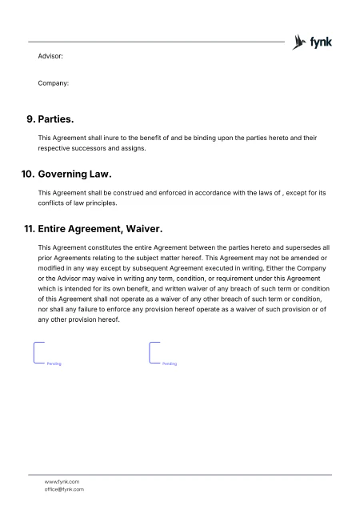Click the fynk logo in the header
click(x=313, y=41)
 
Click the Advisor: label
click(x=50, y=56)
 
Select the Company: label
click(x=53, y=82)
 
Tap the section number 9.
click(x=30, y=119)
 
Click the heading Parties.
click(x=56, y=119)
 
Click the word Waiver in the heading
click(x=151, y=228)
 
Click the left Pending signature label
click(x=54, y=363)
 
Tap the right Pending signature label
click(x=169, y=363)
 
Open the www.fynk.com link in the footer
click(x=62, y=482)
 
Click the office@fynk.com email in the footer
click(x=64, y=489)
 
